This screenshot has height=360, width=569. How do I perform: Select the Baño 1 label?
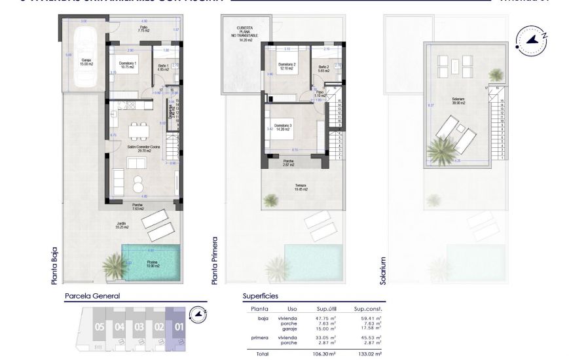point(164,66)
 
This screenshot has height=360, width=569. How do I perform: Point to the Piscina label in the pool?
point(153,264)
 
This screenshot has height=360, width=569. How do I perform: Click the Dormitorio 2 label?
point(287,66)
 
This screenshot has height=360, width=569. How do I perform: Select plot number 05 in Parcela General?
point(100,326)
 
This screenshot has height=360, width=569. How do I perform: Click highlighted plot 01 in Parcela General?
point(177,326)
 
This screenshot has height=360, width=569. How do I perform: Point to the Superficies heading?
point(260,296)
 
